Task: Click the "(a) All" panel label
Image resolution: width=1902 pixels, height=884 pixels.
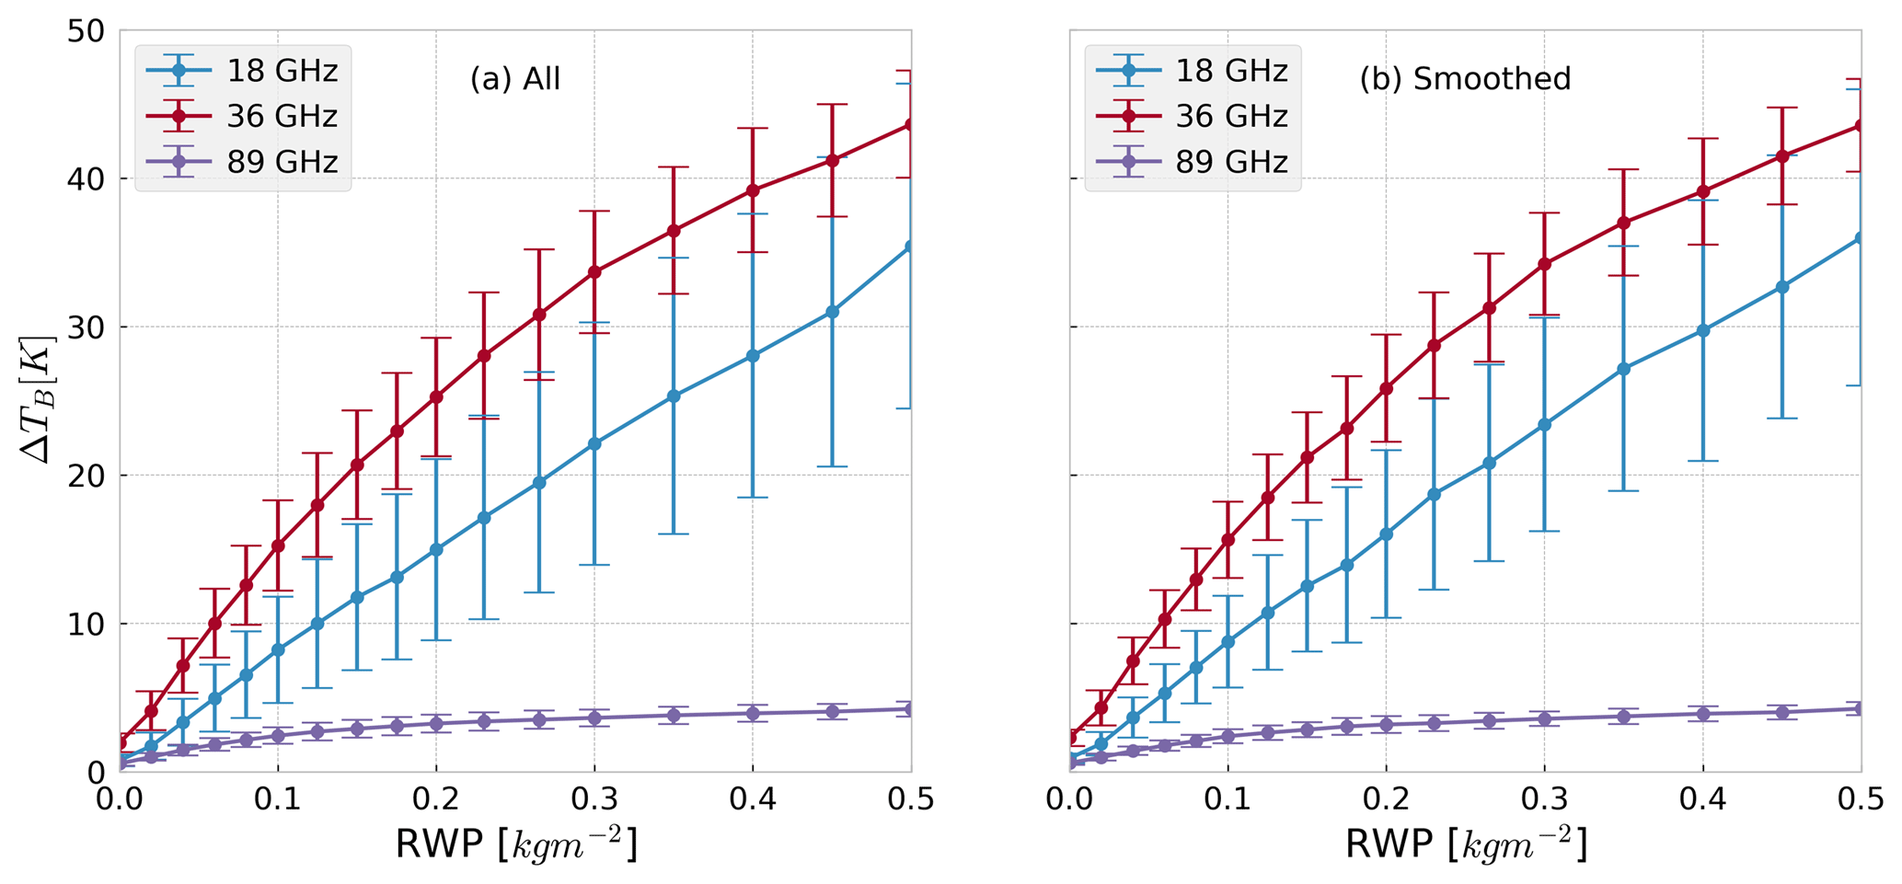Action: coord(514,79)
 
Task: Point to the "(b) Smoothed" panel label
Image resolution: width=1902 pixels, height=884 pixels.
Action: coord(1465,79)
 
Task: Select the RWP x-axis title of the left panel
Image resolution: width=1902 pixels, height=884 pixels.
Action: coord(515,844)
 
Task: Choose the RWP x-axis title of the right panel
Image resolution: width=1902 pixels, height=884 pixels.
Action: coord(1466,844)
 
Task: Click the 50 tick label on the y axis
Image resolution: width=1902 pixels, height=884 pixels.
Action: coord(86,30)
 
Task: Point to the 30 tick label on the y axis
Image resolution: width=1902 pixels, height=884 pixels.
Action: coord(86,327)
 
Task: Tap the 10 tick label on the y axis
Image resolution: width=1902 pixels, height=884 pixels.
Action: coord(86,624)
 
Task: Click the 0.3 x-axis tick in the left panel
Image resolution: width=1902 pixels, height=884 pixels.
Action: coord(594,798)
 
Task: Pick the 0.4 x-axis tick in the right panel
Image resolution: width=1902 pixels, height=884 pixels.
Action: coord(1703,798)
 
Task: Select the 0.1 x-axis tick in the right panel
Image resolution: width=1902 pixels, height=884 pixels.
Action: coord(1228,798)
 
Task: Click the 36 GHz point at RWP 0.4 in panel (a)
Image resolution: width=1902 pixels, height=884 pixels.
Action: coord(753,190)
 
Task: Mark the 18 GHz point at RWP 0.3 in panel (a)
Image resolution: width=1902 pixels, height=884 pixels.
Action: coord(594,443)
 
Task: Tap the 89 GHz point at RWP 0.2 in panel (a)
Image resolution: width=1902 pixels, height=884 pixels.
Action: coord(436,723)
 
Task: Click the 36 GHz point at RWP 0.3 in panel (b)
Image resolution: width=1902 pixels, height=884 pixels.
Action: coord(1544,264)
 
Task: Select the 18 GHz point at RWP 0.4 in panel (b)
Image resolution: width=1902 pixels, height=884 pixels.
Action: coord(1703,330)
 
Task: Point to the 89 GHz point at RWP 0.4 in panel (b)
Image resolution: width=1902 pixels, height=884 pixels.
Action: coord(1703,714)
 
